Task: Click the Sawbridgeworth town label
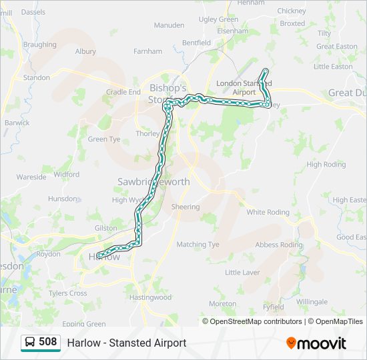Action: [x=153, y=181]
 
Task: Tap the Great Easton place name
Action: [x=336, y=47]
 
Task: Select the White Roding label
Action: [x=268, y=213]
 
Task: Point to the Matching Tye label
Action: [x=198, y=245]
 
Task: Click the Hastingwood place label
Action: [x=150, y=297]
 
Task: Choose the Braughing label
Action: [x=39, y=45]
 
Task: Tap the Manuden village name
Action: [x=169, y=25]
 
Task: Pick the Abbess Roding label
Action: [x=279, y=245]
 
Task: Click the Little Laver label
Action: [x=242, y=273]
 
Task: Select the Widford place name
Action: [x=67, y=175]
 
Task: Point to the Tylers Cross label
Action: [x=67, y=293]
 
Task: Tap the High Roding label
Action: [x=326, y=165]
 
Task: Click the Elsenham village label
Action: [x=233, y=31]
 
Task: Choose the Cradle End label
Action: [x=123, y=92]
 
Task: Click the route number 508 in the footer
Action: [x=47, y=343]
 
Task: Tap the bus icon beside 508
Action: [x=30, y=343]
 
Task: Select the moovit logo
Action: [x=316, y=343]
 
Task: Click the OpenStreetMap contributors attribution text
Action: [x=256, y=321]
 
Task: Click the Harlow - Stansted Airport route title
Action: [x=127, y=343]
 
